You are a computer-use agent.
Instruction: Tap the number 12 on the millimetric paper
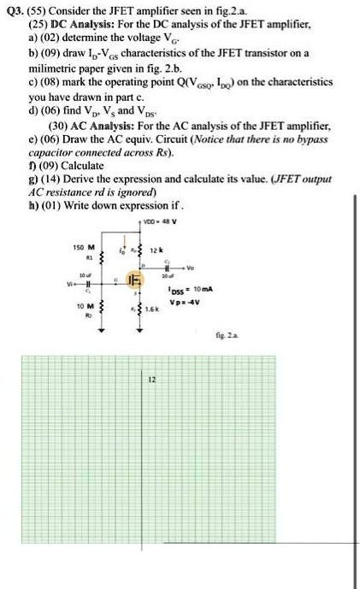pos(152,379)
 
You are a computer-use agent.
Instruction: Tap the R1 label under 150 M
pos(86,255)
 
